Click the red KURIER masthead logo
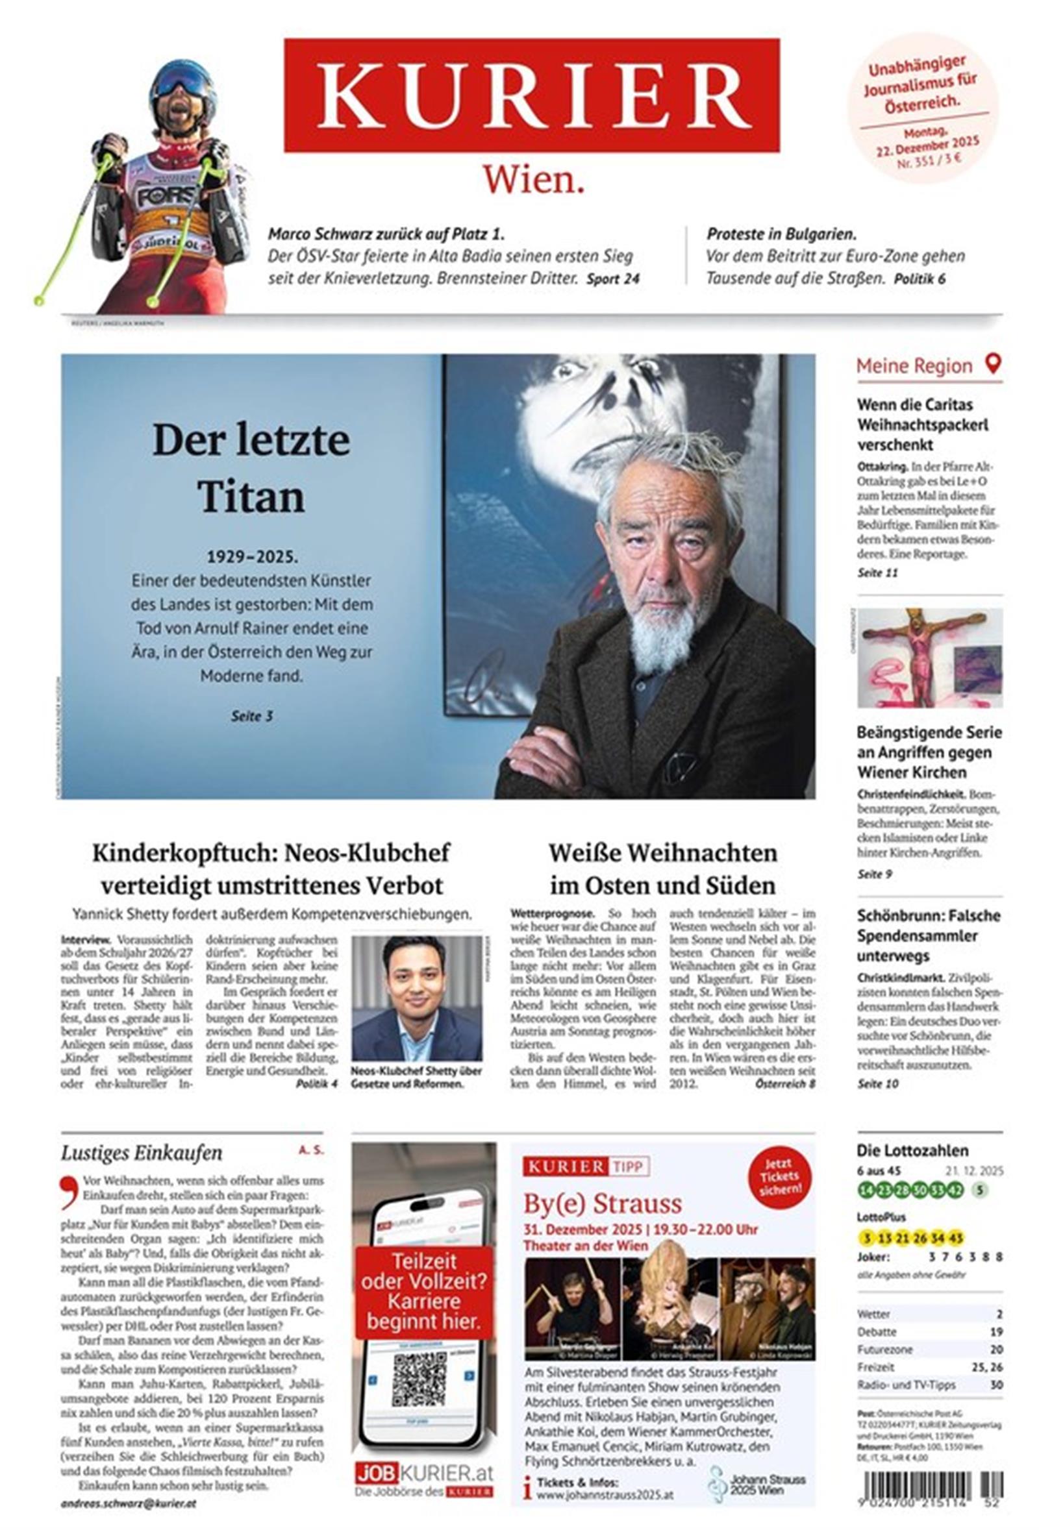coord(531,95)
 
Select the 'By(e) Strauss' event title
coord(603,1203)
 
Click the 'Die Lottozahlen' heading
coord(912,1151)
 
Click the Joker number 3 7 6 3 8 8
coord(964,1256)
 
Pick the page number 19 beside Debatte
coord(995,1331)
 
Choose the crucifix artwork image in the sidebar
coord(929,657)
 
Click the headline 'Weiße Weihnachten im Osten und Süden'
coord(662,869)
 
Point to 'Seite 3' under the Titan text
coord(251,715)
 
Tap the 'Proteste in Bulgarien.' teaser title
coord(781,234)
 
